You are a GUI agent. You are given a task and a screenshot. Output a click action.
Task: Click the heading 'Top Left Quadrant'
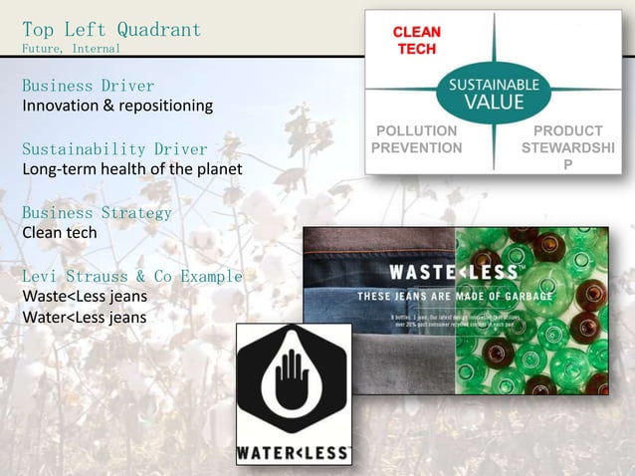point(111,29)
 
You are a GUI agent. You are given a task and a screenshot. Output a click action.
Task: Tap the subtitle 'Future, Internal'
point(71,48)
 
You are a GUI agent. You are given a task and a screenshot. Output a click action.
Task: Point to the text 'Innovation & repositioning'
point(117,105)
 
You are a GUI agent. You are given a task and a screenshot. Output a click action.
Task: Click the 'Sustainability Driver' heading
point(114,149)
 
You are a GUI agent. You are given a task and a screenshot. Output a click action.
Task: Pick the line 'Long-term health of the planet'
point(131,168)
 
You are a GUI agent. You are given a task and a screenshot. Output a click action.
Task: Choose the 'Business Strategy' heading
point(97,212)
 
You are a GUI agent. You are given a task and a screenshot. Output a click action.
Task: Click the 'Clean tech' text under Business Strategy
point(60,232)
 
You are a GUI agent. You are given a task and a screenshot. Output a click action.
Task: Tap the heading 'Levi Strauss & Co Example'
point(131,276)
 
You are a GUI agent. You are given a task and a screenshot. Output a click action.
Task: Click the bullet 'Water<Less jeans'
point(84,317)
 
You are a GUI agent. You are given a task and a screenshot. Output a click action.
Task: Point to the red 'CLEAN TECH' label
point(417,41)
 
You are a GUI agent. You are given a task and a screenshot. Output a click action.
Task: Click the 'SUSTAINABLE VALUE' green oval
point(494,95)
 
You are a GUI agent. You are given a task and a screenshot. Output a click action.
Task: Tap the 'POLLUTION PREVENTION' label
point(416,139)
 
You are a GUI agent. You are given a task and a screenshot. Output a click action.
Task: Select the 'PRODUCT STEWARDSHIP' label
point(567,147)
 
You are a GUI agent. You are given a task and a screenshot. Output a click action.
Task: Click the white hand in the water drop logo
point(294,383)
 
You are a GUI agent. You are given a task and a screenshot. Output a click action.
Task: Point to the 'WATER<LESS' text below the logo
point(294,453)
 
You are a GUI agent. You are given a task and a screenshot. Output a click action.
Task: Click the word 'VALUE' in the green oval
point(494,104)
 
